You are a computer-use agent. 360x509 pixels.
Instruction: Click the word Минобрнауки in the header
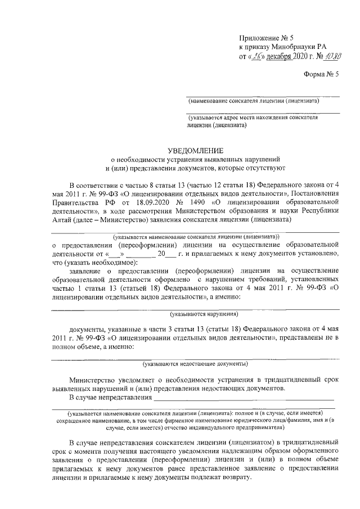coord(294,47)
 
